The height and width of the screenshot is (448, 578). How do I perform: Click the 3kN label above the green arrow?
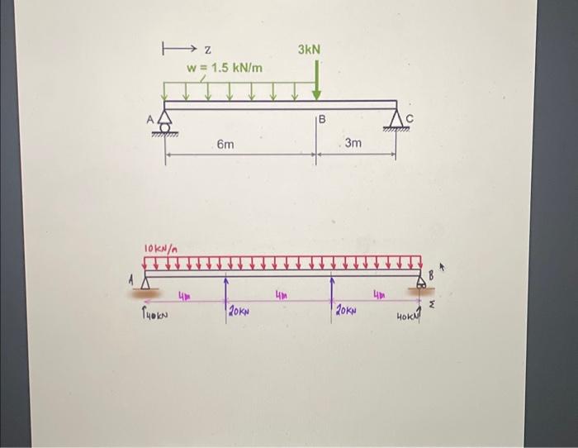(309, 50)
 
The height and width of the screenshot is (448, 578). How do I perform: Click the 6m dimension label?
(225, 145)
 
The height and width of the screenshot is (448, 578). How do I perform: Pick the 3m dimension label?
(353, 144)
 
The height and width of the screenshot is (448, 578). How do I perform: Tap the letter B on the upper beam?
(323, 120)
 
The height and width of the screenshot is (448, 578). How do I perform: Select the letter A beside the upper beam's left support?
(151, 120)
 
